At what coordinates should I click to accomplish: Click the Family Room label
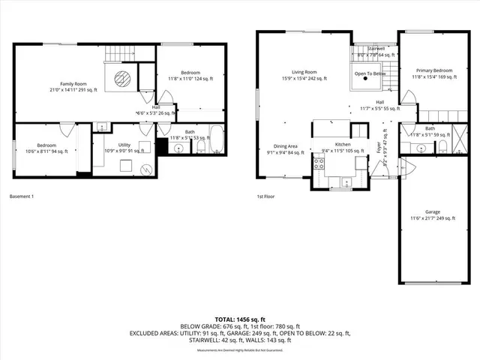tap(73, 87)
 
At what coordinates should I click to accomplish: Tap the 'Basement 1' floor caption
tap(22, 196)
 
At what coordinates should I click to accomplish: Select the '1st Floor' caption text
tap(265, 196)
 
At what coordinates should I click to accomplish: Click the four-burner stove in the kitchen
tap(318, 164)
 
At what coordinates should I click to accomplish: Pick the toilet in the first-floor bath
tap(443, 145)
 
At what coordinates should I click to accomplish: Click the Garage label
tap(432, 215)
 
